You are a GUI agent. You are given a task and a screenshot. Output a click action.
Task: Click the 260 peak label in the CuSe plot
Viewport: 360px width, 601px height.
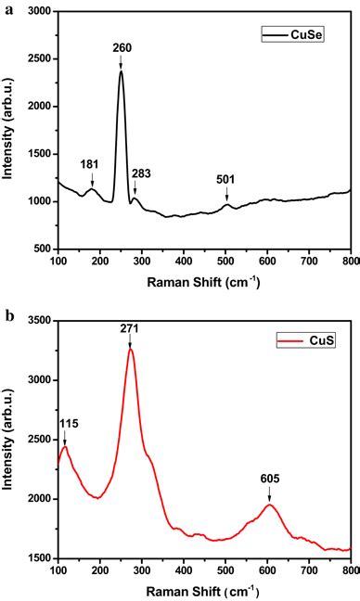122,47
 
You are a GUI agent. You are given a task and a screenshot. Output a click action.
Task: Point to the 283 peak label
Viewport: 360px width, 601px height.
141,173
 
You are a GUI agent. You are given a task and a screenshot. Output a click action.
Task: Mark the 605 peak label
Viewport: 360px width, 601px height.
270,479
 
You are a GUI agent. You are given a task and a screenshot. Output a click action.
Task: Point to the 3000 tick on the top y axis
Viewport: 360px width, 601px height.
40,12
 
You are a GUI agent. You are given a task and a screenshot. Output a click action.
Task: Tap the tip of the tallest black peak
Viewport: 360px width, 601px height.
121,70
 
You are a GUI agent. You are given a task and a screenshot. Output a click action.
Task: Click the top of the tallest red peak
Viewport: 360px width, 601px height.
131,350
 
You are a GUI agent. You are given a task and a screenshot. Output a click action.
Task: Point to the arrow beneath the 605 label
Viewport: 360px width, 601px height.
270,494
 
